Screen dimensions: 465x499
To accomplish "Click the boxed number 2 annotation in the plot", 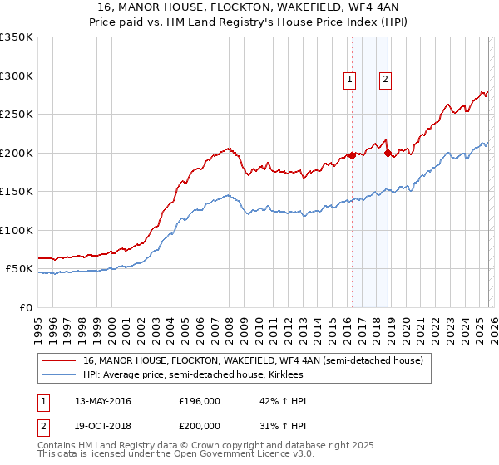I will point(386,80).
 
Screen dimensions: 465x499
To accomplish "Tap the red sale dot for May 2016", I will point(352,155).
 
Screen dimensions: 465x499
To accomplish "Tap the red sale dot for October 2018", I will point(388,153).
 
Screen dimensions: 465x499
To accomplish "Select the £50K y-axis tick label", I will point(19,269).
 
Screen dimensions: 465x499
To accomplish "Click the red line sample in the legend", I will point(59,360).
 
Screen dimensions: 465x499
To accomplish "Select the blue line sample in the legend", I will point(59,374).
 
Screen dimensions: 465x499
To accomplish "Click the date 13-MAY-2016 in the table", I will point(103,401).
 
